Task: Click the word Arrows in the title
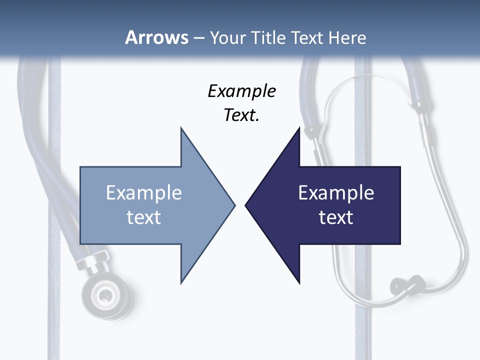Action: pos(156,37)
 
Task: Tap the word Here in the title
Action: pos(347,37)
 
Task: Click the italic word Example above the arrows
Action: pos(241,91)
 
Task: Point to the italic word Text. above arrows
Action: pos(241,115)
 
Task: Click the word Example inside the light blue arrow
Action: pos(144,192)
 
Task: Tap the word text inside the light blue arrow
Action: pos(144,217)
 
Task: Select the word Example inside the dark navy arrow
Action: pos(336,192)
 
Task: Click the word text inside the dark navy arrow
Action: pos(336,217)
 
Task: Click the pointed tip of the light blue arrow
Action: pos(234,205)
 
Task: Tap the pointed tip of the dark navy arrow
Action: pos(246,205)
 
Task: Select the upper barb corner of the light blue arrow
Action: pos(181,128)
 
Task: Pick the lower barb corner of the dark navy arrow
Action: pos(299,282)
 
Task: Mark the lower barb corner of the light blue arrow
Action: pos(181,282)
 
